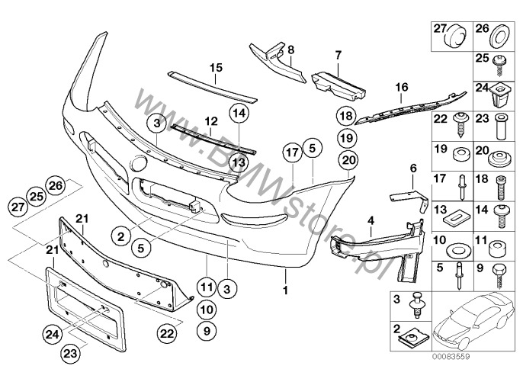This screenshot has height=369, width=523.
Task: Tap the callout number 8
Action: pyautogui.click(x=290, y=50)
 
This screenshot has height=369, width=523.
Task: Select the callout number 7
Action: pyautogui.click(x=338, y=55)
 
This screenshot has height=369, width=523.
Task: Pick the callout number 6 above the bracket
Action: pyautogui.click(x=413, y=168)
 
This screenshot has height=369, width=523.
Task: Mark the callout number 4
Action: pyautogui.click(x=371, y=221)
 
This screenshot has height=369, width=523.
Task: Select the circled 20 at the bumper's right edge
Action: pyautogui.click(x=349, y=160)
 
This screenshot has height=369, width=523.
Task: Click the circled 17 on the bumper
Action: pyautogui.click(x=291, y=152)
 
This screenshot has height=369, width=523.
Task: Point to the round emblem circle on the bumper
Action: pyautogui.click(x=140, y=163)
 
